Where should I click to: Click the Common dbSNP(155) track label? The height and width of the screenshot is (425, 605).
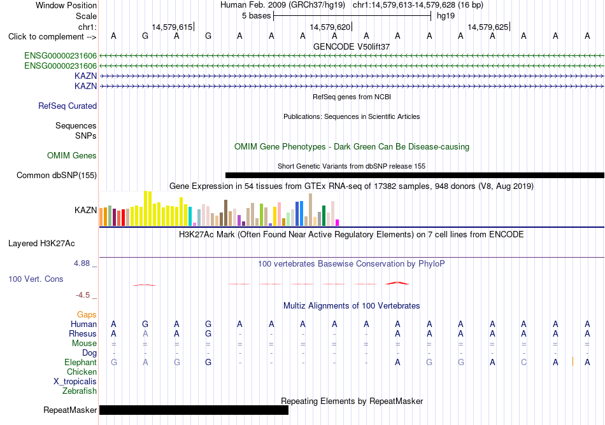[x=57, y=176]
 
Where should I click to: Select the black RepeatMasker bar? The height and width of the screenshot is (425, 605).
[x=194, y=410]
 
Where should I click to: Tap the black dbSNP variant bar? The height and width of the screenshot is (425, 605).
[x=415, y=176]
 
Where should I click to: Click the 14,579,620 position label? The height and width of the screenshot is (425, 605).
[x=330, y=27]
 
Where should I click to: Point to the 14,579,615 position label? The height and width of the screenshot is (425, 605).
[x=172, y=27]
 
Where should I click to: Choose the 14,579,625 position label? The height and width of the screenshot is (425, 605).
[x=488, y=27]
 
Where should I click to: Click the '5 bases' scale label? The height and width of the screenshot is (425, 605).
[x=256, y=16]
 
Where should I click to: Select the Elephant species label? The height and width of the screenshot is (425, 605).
[x=81, y=362]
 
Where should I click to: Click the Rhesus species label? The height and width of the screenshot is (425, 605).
[x=83, y=333]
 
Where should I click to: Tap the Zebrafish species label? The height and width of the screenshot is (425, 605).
[x=80, y=391]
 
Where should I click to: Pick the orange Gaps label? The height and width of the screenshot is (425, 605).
[x=87, y=315]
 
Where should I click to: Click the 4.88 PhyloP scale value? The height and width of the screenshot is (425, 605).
[x=82, y=263]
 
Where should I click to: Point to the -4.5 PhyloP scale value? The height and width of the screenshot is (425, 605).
[x=83, y=295]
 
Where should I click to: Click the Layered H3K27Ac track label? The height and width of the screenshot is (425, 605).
[x=41, y=244]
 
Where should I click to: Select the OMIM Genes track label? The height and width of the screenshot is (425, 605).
[x=72, y=156]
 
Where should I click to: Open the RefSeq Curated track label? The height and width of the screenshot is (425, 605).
[x=68, y=106]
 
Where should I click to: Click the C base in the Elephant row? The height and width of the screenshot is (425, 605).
[x=523, y=362]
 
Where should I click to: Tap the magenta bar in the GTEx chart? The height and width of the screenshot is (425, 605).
[x=338, y=223]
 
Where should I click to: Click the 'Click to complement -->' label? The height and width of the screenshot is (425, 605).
[x=52, y=37]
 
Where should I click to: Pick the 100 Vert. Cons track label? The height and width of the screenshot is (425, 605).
[x=36, y=279]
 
